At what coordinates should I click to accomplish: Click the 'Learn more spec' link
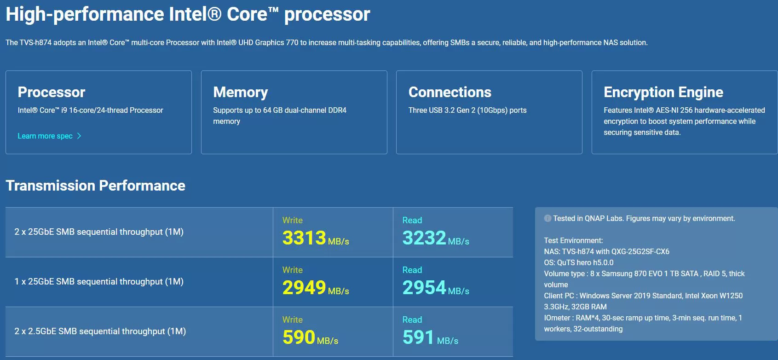(x=45, y=136)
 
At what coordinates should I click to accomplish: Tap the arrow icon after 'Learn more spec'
(x=79, y=136)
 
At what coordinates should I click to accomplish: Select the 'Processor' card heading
(x=52, y=92)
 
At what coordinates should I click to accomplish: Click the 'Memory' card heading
(x=240, y=93)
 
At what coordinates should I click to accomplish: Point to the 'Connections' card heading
(x=450, y=92)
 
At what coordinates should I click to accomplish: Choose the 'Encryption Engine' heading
(x=663, y=93)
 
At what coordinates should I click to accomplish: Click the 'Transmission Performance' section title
(x=96, y=186)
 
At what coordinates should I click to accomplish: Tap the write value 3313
(x=304, y=238)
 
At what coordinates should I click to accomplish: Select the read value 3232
(x=424, y=238)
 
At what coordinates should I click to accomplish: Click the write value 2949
(x=304, y=287)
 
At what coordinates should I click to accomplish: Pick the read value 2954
(x=424, y=287)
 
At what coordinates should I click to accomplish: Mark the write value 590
(x=299, y=337)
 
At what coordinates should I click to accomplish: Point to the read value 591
(x=418, y=337)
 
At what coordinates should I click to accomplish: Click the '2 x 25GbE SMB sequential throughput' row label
(x=99, y=232)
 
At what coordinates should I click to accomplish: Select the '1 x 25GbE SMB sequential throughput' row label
(x=99, y=281)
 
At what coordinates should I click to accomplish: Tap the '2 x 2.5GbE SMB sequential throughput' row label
(x=100, y=331)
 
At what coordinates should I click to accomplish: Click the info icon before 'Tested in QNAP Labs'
(x=547, y=218)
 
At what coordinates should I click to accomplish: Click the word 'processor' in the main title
(x=327, y=15)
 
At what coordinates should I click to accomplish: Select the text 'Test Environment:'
(x=573, y=240)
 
